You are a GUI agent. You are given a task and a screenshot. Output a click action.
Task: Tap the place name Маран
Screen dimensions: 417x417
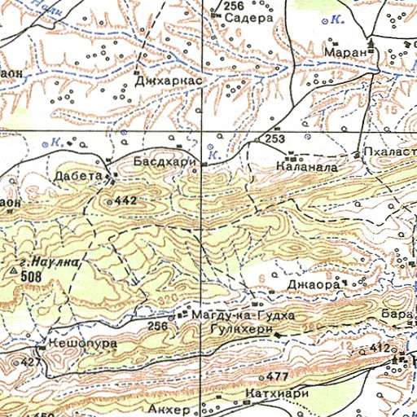point(341,51)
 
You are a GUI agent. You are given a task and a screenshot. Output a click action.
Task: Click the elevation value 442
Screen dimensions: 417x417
point(125,200)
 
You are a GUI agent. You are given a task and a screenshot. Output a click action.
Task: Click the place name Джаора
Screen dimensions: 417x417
point(313,286)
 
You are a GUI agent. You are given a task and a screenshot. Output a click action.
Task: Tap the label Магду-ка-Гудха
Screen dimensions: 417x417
point(241,314)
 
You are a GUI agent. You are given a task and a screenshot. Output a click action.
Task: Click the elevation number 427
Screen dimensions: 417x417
point(32,362)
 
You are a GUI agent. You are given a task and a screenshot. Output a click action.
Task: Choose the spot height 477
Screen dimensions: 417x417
point(278,376)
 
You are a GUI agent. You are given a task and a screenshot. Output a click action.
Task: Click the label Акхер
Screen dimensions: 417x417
point(169,407)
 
